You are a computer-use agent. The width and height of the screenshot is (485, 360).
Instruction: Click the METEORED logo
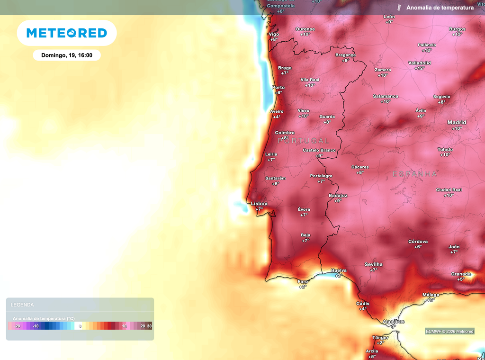coord(67,33)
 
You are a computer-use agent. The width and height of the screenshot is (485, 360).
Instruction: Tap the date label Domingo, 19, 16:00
coord(67,55)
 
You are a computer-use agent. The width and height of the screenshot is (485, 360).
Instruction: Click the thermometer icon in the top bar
coord(399,8)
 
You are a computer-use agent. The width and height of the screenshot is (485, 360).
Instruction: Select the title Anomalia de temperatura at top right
coord(440,8)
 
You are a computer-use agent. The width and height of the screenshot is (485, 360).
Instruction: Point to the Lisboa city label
coord(259,204)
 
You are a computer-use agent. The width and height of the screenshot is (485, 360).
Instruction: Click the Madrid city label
coord(457,122)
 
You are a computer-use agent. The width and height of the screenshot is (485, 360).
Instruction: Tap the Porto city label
coord(278,87)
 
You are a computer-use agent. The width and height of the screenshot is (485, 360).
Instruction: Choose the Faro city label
coord(303,281)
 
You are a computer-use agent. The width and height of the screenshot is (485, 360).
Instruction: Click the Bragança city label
coord(345,55)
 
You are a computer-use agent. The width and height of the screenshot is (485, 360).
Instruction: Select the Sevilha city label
coord(373,264)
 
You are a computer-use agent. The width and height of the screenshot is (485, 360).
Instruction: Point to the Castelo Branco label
coord(319,150)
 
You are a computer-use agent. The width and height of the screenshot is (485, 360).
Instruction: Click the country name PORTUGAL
coord(303,141)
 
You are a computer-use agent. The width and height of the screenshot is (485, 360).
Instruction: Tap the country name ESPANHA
coord(415,174)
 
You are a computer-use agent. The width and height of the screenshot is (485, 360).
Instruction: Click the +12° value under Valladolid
coord(420,68)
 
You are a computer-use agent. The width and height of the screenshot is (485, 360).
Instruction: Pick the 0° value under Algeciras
coord(393,326)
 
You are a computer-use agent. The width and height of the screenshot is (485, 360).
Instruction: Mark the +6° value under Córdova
coord(418,247)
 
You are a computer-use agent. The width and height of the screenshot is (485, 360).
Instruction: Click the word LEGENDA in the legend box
coord(22,305)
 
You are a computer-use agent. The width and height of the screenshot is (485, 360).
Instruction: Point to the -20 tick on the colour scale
coord(17,326)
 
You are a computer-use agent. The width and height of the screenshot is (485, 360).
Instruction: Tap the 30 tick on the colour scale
coord(149,326)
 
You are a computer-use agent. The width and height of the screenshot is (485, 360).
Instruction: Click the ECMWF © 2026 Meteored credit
coord(449,331)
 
